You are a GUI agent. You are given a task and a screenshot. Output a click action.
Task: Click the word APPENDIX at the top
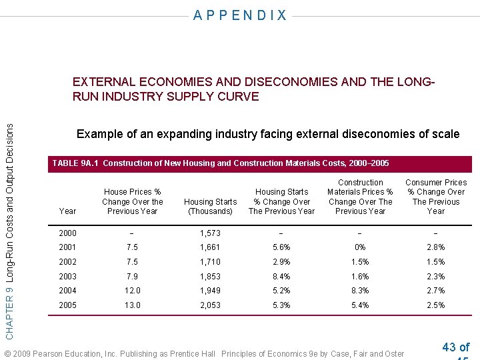240,15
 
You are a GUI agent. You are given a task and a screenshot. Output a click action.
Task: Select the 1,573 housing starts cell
210,233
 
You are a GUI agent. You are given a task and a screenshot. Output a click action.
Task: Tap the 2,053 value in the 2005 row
210,305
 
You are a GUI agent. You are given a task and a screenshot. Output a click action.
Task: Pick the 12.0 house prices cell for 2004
132,291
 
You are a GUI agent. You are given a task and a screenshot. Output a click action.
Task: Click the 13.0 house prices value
132,305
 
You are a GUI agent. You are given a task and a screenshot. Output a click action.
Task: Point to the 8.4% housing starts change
281,276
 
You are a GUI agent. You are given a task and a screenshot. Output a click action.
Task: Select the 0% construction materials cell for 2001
360,247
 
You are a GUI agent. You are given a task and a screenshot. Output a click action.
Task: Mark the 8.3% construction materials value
360,291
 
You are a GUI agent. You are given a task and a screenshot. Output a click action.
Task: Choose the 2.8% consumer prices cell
435,247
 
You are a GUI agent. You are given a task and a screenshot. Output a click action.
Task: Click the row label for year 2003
67,276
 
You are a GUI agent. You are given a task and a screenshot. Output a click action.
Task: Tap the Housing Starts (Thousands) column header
210,206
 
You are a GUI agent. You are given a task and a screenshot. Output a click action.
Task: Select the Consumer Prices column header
436,197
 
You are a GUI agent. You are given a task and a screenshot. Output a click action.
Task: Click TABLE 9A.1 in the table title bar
75,163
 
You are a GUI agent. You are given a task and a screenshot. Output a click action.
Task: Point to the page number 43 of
455,347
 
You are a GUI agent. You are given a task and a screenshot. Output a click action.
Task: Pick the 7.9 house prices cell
132,276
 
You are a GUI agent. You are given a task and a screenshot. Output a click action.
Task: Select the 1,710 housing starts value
210,262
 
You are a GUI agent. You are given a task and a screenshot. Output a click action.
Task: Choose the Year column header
67,211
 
